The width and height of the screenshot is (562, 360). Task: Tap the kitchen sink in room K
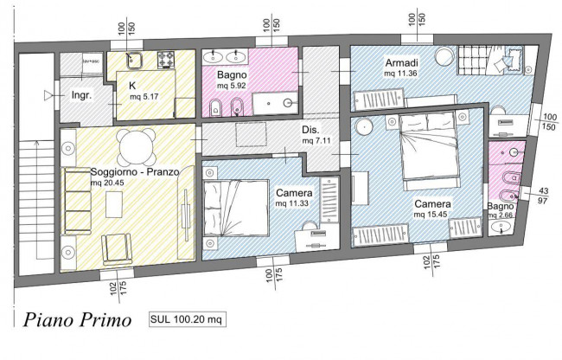(x=134, y=61)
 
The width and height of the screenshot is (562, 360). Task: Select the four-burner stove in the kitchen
(x=164, y=61)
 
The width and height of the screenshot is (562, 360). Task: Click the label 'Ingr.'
(x=81, y=94)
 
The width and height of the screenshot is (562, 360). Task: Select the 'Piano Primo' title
(x=77, y=320)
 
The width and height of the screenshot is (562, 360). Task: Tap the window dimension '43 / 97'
(x=544, y=196)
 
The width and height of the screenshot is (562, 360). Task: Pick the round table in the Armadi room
(x=445, y=57)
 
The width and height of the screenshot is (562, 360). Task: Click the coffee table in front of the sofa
(x=116, y=205)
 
